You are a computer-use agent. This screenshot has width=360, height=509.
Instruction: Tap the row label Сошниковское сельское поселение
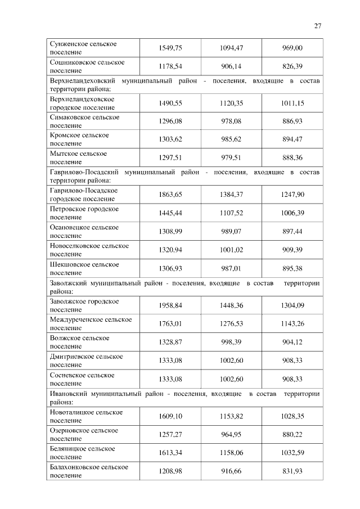click(87, 66)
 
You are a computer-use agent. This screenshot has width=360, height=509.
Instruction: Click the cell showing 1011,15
click(292, 103)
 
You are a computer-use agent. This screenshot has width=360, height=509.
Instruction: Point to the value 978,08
click(231, 121)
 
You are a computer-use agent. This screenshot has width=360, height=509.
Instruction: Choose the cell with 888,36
click(292, 157)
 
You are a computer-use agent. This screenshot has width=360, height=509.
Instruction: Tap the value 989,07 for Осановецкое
click(231, 231)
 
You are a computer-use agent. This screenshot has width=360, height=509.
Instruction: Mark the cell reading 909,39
click(292, 250)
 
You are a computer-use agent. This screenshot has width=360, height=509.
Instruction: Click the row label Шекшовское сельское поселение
click(84, 268)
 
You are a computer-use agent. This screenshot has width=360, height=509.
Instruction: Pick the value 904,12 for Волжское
click(292, 341)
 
